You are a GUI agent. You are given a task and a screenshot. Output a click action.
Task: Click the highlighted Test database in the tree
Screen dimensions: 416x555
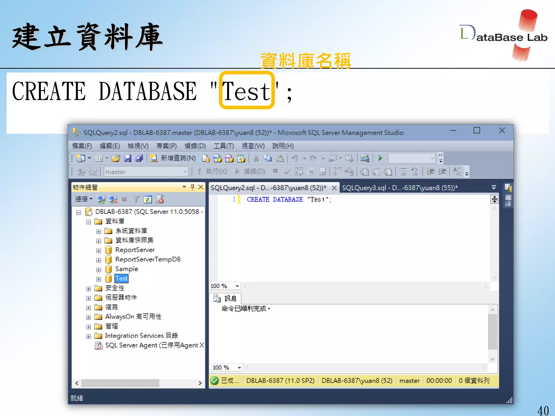click(x=121, y=278)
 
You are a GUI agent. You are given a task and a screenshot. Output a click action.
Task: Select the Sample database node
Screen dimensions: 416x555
click(x=127, y=269)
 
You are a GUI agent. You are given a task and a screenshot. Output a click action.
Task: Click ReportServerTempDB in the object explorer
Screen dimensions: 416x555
click(x=148, y=259)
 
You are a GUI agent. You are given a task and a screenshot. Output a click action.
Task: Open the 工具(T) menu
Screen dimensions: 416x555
click(x=224, y=146)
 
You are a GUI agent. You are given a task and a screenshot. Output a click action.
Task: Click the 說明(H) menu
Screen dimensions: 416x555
click(x=283, y=146)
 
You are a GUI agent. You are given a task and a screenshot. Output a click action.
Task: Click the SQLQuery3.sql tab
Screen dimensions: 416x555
click(x=400, y=188)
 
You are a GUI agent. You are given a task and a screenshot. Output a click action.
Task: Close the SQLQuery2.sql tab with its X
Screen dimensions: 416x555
click(x=334, y=188)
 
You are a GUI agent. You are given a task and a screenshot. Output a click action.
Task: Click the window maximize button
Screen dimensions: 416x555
click(x=477, y=131)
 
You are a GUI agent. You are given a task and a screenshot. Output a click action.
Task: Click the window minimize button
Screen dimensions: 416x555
click(x=453, y=131)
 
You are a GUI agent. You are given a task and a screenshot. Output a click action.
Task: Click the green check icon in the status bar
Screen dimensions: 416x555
click(x=214, y=381)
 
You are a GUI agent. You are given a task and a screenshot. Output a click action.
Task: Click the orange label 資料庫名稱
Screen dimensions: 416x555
click(x=305, y=61)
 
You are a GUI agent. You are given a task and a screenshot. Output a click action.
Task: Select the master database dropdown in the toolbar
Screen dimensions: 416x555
click(x=146, y=172)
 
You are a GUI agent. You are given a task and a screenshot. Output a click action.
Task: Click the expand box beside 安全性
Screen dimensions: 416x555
click(x=89, y=289)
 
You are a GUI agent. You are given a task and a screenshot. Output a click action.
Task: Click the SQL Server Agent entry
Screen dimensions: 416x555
click(x=152, y=345)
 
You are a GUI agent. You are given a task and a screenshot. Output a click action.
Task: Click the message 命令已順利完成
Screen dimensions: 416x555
click(x=245, y=309)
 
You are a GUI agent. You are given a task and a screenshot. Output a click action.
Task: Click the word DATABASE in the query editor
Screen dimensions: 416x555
click(x=288, y=200)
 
